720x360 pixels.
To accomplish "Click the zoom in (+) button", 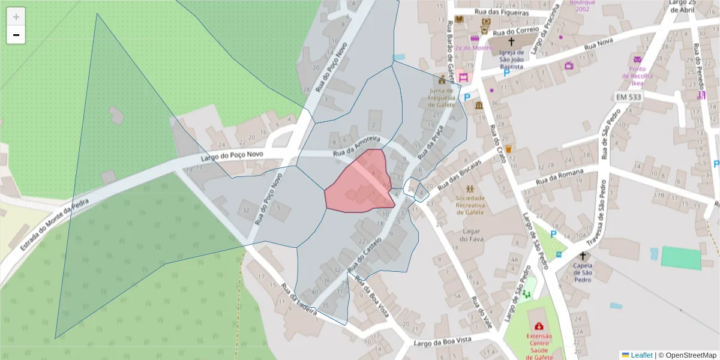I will (x=16, y=17).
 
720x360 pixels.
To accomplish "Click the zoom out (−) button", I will (x=16, y=35).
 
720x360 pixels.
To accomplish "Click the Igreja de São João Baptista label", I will (x=511, y=59).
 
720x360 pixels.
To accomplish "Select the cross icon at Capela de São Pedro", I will (x=583, y=256).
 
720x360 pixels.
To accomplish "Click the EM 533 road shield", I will (x=628, y=97).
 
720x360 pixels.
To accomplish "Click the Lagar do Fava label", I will (x=471, y=235).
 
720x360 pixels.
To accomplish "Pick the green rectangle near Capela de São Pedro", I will (x=681, y=257).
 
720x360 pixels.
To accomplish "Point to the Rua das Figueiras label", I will (x=501, y=12).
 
